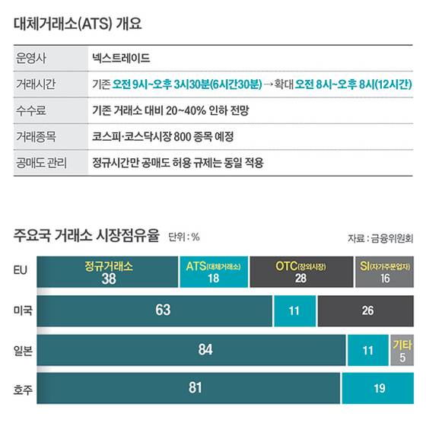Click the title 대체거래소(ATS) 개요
[78, 23]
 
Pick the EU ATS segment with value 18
[213, 272]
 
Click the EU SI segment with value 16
[384, 272]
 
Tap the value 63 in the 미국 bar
[162, 310]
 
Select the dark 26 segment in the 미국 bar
[367, 310]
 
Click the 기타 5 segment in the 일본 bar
[402, 350]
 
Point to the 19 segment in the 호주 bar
[378, 388]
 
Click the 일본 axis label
[23, 350]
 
